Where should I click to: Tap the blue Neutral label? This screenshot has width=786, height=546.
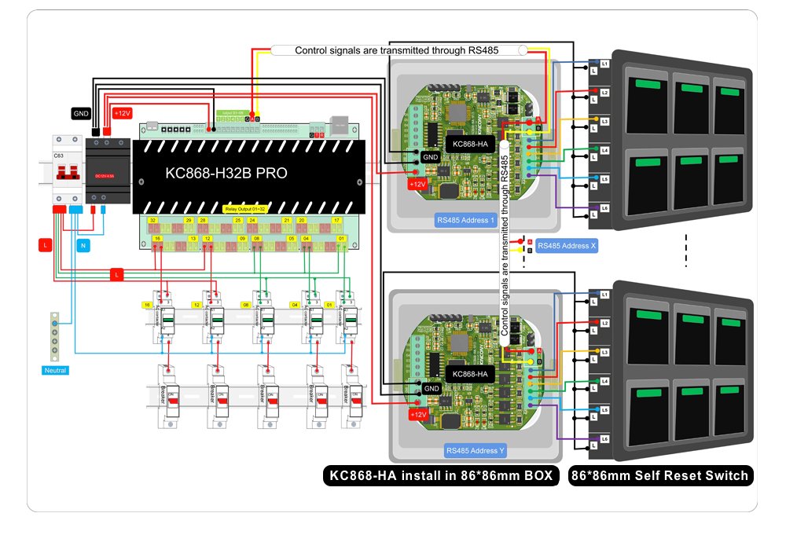pos(55,370)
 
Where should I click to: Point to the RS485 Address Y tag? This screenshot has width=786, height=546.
pos(475,451)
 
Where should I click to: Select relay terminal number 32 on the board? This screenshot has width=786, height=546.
pos(153,221)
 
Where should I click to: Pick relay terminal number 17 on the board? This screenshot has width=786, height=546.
pos(337,221)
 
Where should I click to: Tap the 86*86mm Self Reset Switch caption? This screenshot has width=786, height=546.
pos(659,475)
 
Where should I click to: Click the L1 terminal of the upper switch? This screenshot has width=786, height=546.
pos(604,63)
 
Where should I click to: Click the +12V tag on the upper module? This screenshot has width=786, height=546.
pos(417,185)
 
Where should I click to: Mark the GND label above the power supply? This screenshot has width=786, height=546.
pos(81,113)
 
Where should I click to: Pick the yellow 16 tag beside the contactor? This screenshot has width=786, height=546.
pos(146,304)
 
